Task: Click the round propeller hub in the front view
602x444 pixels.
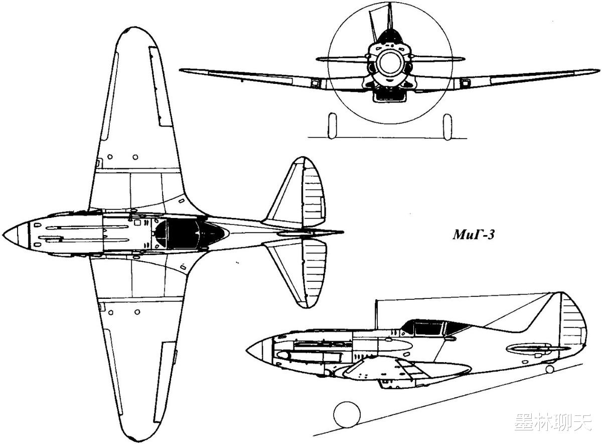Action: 390,63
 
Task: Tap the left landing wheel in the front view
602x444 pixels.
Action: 332,126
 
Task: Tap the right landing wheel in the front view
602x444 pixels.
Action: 447,127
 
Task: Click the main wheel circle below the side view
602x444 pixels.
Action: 347,414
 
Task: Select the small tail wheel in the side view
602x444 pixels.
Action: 550,370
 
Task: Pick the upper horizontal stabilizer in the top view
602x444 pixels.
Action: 298,193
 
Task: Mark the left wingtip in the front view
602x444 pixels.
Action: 184,71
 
